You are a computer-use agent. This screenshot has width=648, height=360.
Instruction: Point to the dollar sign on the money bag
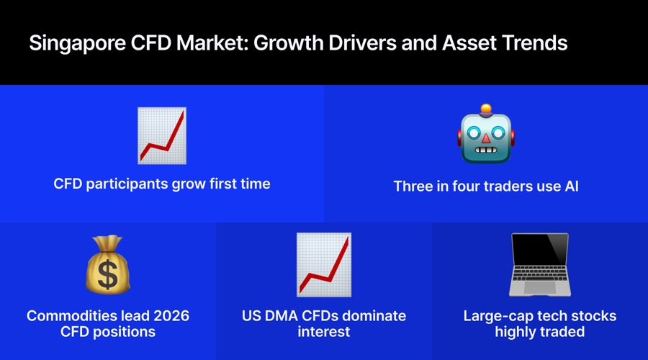coord(108,274)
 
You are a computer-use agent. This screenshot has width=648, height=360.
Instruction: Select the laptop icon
coord(540,265)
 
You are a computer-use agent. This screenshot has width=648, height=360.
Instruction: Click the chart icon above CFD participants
coord(162,136)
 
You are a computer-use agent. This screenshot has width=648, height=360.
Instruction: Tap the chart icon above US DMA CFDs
coord(324,265)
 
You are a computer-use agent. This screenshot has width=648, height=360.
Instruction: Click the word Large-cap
coord(495,316)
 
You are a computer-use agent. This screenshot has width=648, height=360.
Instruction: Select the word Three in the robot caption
coord(413,186)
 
